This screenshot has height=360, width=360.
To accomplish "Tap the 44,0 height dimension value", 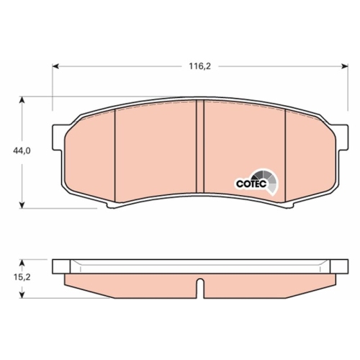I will tap(22, 151).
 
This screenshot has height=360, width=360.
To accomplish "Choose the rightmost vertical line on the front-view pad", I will tap(287, 155).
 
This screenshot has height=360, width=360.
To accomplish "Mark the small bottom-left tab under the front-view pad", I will tap(114, 207).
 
